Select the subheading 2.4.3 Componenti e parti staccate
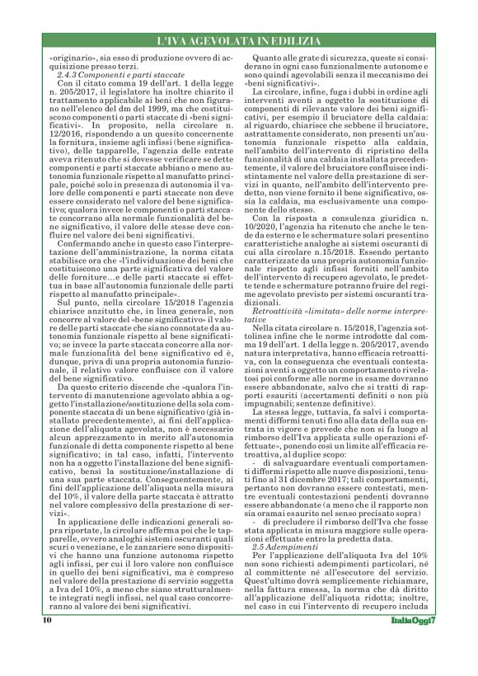pyautogui.click(x=108, y=75)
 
